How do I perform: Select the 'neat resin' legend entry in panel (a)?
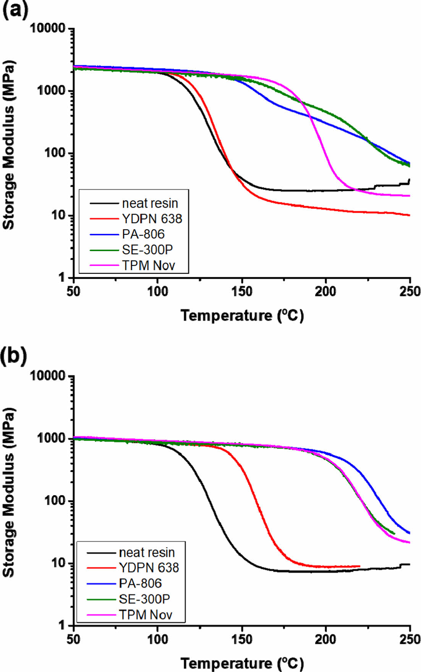coord(150,203)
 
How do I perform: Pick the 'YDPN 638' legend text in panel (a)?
coord(152,219)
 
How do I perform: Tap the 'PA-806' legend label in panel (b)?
coord(140,583)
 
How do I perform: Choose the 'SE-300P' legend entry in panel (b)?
coord(144,599)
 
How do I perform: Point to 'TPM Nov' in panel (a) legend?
coord(148,265)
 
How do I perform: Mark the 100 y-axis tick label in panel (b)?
coord(55,501)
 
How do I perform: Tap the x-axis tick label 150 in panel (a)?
coord(241,292)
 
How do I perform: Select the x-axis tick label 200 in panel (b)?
coord(325,639)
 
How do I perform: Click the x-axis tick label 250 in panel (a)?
coord(410,292)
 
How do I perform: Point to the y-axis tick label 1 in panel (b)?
coord(62,625)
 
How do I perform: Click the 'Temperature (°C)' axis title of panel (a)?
coord(242,316)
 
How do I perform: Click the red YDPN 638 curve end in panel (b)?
coord(359,566)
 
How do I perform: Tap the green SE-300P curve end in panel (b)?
coord(394,533)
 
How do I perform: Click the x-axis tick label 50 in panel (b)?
coord(73,639)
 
